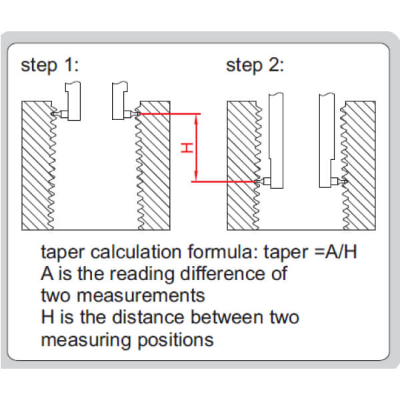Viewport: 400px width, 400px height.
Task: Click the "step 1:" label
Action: [x=50, y=65]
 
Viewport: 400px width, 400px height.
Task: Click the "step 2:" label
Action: [x=255, y=65]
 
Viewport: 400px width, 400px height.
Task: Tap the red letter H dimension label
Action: [x=187, y=148]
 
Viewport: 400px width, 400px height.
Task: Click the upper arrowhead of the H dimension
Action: [x=196, y=118]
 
